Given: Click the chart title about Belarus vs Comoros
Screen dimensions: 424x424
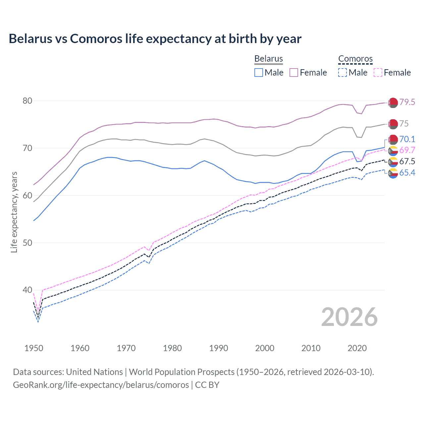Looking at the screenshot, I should coord(155,39).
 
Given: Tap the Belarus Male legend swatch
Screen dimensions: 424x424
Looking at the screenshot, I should coord(259,73).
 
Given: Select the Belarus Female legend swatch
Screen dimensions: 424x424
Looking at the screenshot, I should coord(294,73).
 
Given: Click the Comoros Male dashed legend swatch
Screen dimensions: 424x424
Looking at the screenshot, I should coord(343,73).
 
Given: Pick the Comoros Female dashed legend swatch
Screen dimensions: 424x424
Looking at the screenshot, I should coord(378,73).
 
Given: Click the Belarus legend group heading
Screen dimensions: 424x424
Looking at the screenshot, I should coord(268,59).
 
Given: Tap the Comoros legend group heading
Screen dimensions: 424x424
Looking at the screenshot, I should coord(355,59).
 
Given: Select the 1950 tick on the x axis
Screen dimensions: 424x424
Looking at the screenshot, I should coord(34,348).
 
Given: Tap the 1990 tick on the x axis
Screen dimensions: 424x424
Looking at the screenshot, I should coord(219,348).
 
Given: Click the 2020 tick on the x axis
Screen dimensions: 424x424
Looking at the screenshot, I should coord(357,348).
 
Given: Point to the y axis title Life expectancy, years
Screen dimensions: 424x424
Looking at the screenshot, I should coord(14,212).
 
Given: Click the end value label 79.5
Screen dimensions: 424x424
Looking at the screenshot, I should coord(407,102).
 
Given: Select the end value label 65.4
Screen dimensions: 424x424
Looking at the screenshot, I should coord(407,173).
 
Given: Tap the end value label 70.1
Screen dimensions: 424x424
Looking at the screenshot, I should coord(407,139).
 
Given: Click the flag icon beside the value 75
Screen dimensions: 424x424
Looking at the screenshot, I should coord(393,124).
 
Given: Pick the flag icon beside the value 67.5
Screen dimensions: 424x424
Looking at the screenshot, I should coord(393,162).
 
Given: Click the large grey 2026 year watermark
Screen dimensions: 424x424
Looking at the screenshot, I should coord(349,317).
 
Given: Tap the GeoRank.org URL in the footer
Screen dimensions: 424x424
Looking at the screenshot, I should coord(101,385).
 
